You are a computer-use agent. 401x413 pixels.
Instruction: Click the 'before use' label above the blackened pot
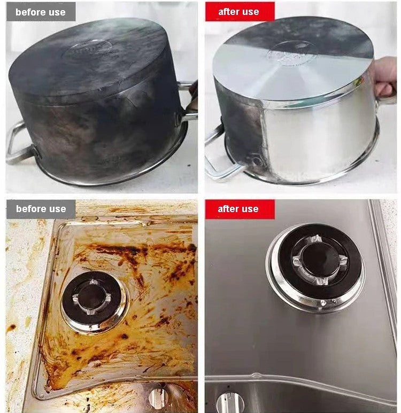point(41,12)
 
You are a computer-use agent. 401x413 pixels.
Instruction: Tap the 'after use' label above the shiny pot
point(238,12)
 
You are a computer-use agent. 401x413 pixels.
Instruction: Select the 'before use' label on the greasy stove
point(41,209)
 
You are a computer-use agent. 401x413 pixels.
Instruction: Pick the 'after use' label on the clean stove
point(238,209)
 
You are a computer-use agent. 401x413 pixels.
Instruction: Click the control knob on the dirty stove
point(159,398)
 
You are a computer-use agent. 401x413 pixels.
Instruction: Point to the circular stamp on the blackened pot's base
point(87,49)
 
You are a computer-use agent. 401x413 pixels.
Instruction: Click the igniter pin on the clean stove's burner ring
point(323,303)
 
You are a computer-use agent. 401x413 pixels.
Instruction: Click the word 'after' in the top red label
point(228,12)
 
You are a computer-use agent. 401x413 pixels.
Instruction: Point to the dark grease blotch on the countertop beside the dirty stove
point(11,328)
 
